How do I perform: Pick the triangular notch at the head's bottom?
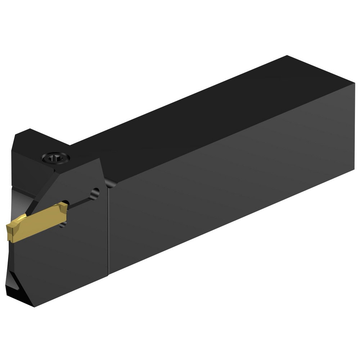coord(18,290)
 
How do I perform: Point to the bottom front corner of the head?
coord(34,306)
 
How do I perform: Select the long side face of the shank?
coord(230,180)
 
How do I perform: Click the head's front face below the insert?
coord(61,266)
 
